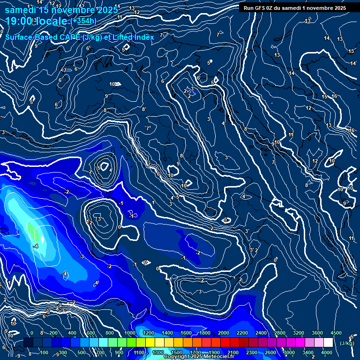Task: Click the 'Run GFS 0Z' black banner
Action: tap(292, 8)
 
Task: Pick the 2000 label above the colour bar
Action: tap(223, 333)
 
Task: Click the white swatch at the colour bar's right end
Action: tap(327, 343)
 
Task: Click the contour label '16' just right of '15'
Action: tap(334, 96)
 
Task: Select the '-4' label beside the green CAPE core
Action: tap(36, 246)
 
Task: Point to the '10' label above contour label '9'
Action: tap(112, 84)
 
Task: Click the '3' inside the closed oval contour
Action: tap(99, 219)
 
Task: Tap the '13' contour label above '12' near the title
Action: tap(132, 8)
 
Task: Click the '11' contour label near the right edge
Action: tap(351, 239)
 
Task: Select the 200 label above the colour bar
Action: tap(53, 333)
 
